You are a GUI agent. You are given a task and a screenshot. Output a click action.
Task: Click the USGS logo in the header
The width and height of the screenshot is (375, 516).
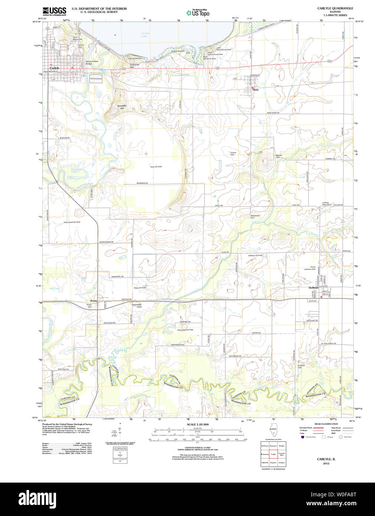(54, 11)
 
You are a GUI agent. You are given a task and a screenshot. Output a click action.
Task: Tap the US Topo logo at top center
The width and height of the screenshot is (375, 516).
(198, 13)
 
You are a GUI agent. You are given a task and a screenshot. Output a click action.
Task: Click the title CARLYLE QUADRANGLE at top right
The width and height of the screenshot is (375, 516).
(335, 8)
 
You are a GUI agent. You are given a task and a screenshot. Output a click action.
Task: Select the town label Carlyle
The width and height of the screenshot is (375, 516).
(54, 68)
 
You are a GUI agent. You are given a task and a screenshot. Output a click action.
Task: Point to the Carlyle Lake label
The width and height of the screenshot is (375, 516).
(145, 34)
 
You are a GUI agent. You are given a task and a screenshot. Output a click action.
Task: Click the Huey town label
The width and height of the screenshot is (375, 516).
(255, 89)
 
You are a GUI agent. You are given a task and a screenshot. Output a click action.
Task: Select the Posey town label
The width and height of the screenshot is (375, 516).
(93, 301)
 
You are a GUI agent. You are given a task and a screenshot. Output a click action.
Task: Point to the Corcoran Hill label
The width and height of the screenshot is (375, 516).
(134, 65)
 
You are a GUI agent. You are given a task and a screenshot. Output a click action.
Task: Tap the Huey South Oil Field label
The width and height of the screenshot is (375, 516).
(72, 222)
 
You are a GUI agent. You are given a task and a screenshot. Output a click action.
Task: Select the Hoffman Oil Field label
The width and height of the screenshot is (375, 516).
(255, 255)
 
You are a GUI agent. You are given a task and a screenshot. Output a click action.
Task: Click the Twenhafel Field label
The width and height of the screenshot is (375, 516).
(137, 306)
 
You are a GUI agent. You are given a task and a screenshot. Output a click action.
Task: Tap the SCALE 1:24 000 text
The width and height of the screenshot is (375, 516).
(198, 424)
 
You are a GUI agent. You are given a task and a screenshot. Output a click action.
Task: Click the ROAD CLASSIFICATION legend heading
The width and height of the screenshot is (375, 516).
(326, 424)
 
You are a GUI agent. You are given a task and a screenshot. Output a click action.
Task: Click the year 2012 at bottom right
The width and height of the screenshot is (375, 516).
(326, 463)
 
